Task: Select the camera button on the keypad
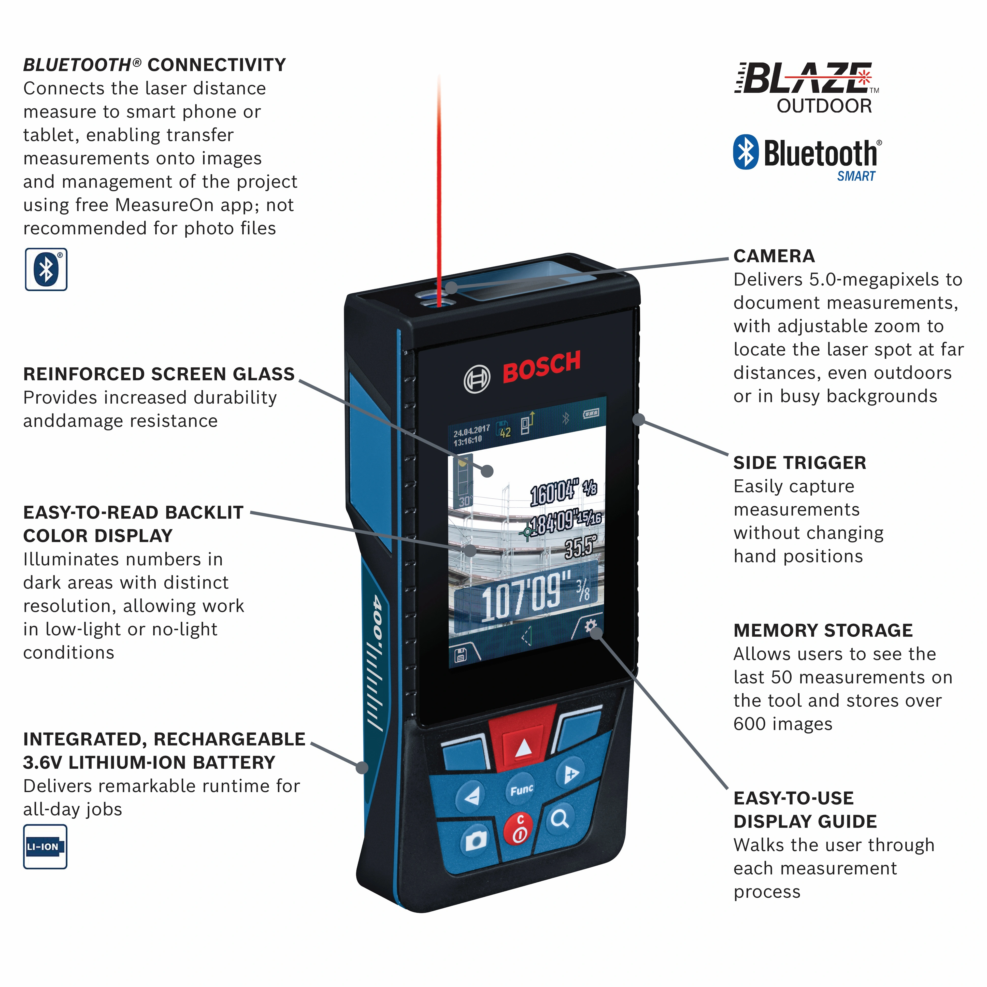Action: tap(475, 840)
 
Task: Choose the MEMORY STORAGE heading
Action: tap(822, 631)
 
